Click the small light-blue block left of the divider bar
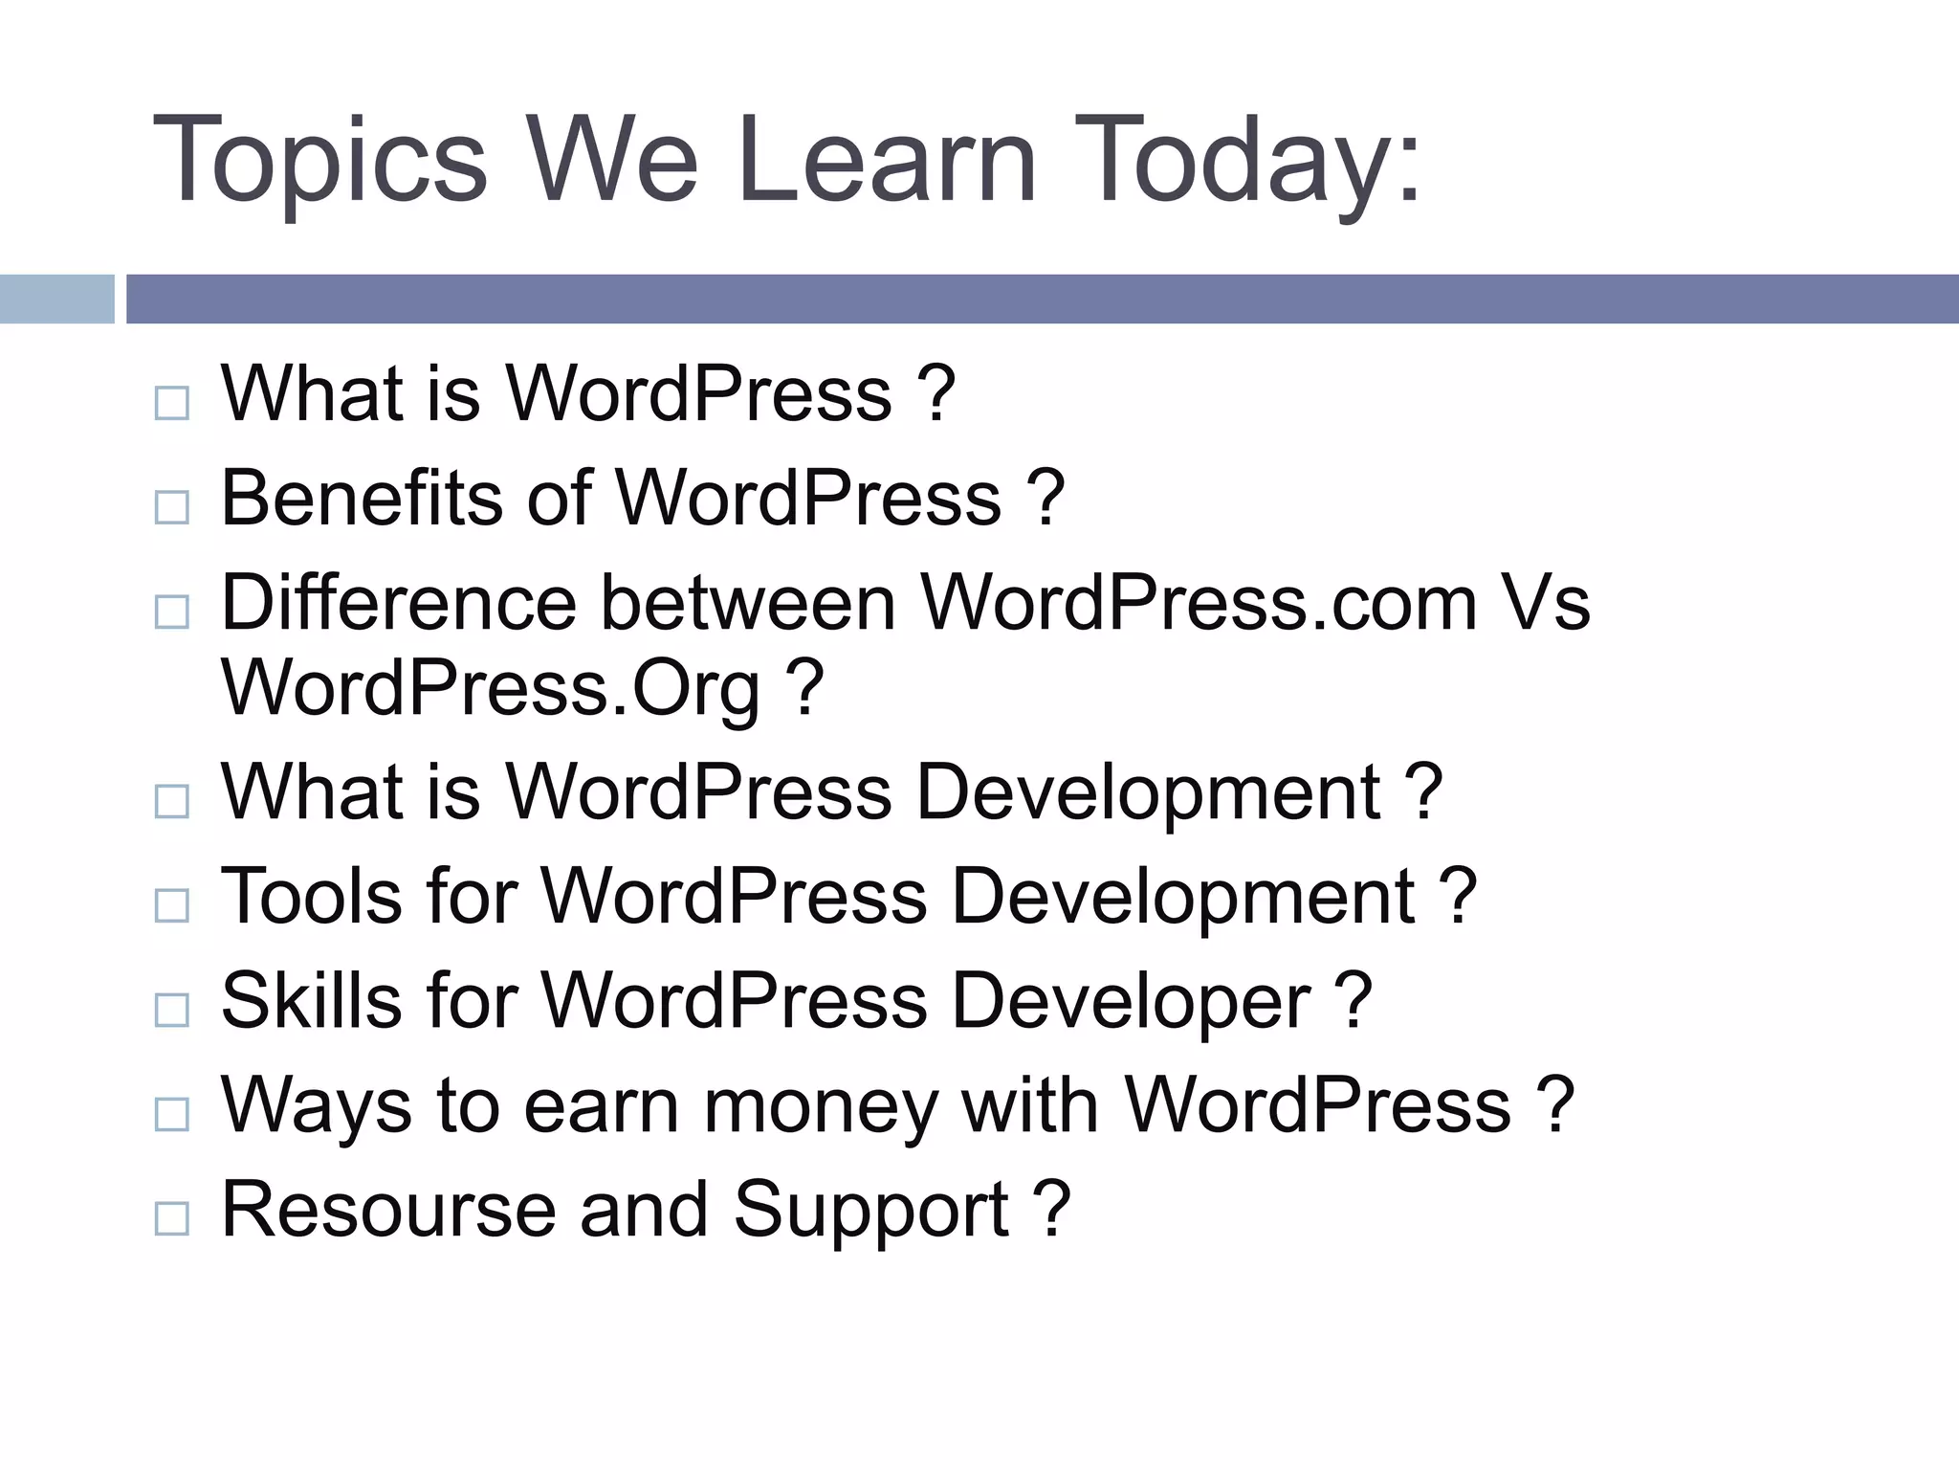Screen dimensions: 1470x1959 pyautogui.click(x=56, y=299)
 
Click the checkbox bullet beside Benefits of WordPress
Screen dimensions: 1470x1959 pyautogui.click(x=171, y=506)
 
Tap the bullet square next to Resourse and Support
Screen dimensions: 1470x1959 pyautogui.click(x=171, y=1218)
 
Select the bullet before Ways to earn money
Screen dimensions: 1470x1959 pyautogui.click(x=171, y=1114)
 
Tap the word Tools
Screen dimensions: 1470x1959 pyautogui.click(x=311, y=897)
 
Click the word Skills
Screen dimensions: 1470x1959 pyautogui.click(x=311, y=1001)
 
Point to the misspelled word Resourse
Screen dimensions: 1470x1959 pyautogui.click(x=387, y=1210)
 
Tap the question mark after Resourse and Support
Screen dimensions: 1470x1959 pyautogui.click(x=1051, y=1210)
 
